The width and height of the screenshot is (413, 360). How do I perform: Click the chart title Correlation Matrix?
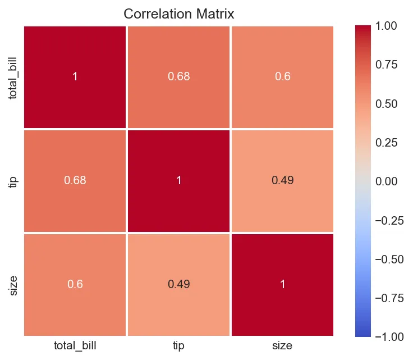point(178,13)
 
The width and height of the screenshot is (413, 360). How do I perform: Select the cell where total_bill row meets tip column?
point(179,76)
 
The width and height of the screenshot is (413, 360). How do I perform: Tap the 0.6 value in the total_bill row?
point(282,76)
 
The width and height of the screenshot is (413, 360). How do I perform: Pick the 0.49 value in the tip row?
point(282,180)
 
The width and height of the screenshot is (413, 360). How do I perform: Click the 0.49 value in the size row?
point(179,284)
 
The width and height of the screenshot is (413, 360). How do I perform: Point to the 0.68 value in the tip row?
point(75,180)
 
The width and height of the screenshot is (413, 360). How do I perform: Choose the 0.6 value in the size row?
point(75,284)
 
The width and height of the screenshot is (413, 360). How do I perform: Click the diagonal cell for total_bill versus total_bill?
point(75,76)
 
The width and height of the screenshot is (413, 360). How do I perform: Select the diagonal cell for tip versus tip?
point(179,180)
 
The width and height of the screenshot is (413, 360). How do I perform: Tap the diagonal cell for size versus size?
point(282,284)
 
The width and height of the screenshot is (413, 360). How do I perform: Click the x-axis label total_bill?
point(75,346)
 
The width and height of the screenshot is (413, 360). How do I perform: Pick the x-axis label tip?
point(179,346)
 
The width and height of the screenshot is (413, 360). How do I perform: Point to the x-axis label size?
point(282,346)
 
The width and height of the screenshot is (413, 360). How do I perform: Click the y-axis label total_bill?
point(13,76)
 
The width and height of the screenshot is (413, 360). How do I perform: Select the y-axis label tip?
point(13,180)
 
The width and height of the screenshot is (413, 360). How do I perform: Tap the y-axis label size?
point(13,284)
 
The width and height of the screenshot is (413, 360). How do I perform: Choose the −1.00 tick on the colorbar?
point(387,336)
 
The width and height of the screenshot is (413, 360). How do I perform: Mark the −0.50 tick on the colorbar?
point(387,259)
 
